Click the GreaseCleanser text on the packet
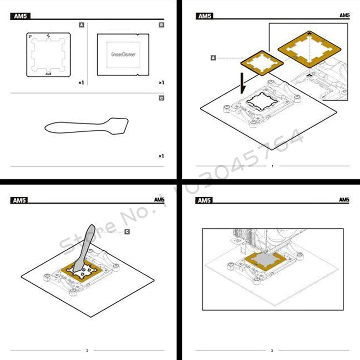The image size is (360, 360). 123,54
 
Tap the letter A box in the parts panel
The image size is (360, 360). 81,25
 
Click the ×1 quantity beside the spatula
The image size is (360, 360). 161,156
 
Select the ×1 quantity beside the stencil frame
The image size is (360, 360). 80,83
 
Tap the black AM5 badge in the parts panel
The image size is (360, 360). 20,17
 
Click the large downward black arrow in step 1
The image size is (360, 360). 243,82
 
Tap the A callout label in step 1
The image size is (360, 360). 213,58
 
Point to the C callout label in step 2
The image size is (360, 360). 127,231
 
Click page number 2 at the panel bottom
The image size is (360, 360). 87,350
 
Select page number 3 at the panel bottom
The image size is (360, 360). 272,350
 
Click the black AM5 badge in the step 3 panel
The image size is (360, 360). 204,200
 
